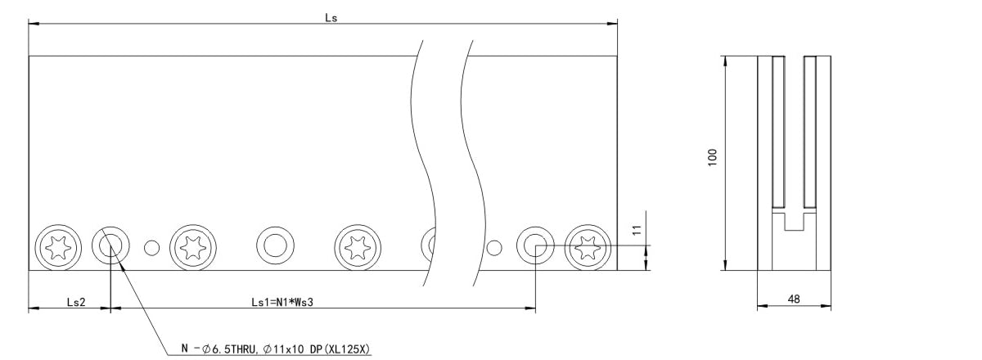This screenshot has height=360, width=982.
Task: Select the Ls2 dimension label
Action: click(x=76, y=302)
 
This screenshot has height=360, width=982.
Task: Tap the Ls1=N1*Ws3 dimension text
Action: click(x=283, y=302)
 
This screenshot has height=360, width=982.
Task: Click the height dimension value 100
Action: click(x=713, y=157)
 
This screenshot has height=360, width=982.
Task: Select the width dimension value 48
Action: click(x=793, y=299)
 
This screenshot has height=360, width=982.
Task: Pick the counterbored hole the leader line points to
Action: click(x=110, y=245)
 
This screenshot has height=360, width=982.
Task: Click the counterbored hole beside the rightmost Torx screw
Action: click(x=535, y=245)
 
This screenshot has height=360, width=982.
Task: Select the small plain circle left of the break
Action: click(x=151, y=245)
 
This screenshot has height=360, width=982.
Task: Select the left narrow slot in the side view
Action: click(x=778, y=131)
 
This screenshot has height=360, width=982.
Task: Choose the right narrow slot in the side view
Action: click(x=809, y=131)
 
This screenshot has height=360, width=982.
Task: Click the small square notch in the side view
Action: click(x=794, y=220)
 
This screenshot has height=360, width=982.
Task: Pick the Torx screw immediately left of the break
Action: click(x=358, y=245)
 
